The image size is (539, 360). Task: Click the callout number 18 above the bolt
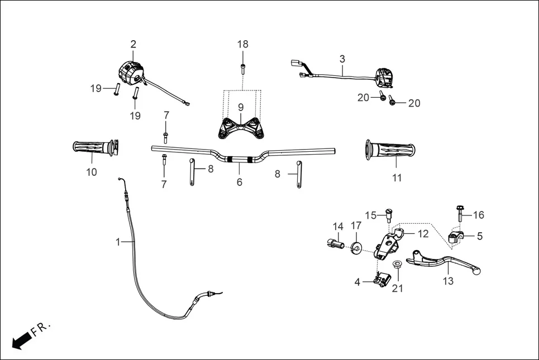(x=242, y=45)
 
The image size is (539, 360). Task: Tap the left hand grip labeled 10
(x=93, y=148)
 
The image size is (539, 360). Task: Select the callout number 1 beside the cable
(x=118, y=242)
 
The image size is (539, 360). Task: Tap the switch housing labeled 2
(x=131, y=73)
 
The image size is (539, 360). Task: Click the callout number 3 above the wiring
(x=342, y=59)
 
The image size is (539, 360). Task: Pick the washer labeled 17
(x=355, y=247)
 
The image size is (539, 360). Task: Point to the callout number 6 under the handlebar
(x=240, y=183)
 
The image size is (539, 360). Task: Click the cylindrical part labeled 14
(x=335, y=242)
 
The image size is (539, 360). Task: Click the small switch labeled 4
(x=381, y=281)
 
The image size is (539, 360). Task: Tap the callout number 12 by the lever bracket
(x=423, y=234)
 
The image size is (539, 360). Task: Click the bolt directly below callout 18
(x=242, y=69)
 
